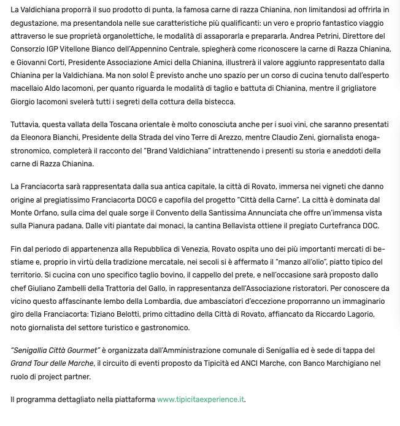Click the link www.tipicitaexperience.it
201,400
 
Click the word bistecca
218,102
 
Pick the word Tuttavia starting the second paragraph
26,125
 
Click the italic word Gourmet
82,350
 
